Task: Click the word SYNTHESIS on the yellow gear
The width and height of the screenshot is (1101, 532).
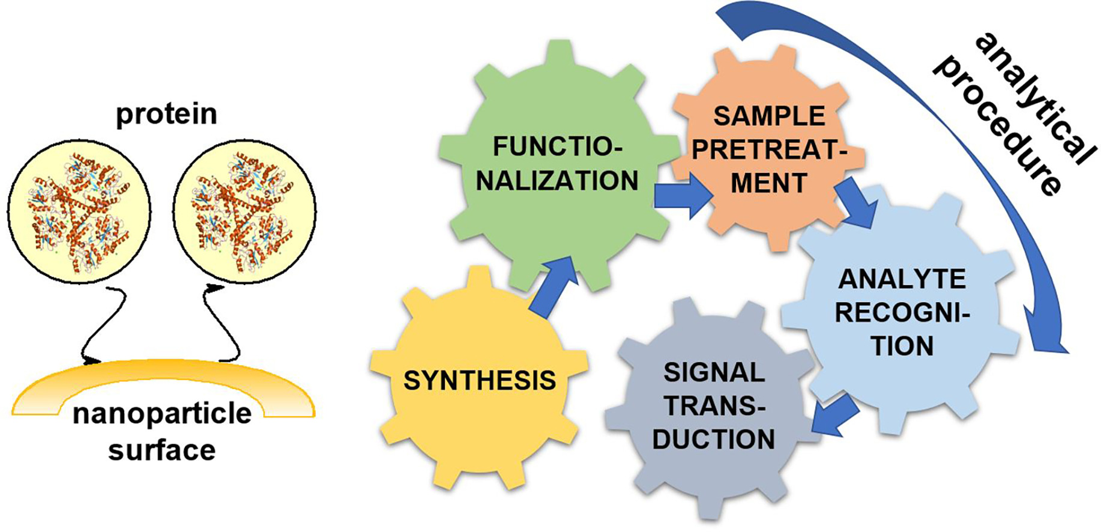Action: pyautogui.click(x=479, y=381)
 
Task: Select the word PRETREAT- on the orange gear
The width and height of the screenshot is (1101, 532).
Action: pyautogui.click(x=769, y=150)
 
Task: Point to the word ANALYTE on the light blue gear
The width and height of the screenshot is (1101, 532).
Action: pyautogui.click(x=902, y=279)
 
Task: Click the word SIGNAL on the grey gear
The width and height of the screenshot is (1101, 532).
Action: pyautogui.click(x=714, y=373)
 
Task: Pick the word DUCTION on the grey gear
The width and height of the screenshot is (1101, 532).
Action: pyautogui.click(x=714, y=440)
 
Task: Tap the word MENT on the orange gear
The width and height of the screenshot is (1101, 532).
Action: pyautogui.click(x=769, y=183)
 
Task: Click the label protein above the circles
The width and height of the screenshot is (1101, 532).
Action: pyautogui.click(x=166, y=114)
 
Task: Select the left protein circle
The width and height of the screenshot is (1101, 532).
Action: pyautogui.click(x=79, y=211)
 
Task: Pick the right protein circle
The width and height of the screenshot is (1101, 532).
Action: pyautogui.click(x=244, y=211)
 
